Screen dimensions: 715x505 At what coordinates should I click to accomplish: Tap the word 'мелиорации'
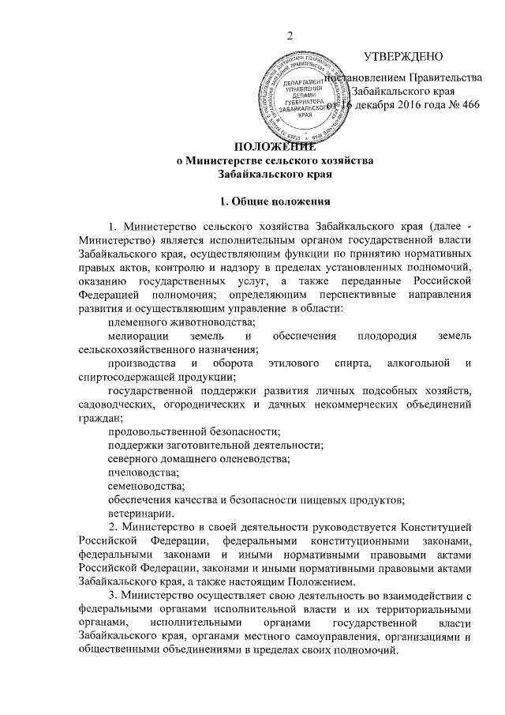point(136,337)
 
